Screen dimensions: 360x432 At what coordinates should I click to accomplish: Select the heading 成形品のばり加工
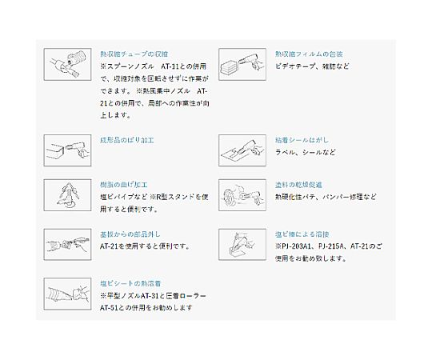(x=127, y=139)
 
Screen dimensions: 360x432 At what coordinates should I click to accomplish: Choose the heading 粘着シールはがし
(x=302, y=139)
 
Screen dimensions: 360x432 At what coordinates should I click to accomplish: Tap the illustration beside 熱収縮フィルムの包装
(x=240, y=62)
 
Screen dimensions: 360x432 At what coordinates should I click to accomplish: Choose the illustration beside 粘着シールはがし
(x=240, y=150)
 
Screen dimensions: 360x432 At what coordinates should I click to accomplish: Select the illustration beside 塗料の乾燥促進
(x=240, y=194)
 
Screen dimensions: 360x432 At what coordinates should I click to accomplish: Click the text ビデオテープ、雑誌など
(x=311, y=66)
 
